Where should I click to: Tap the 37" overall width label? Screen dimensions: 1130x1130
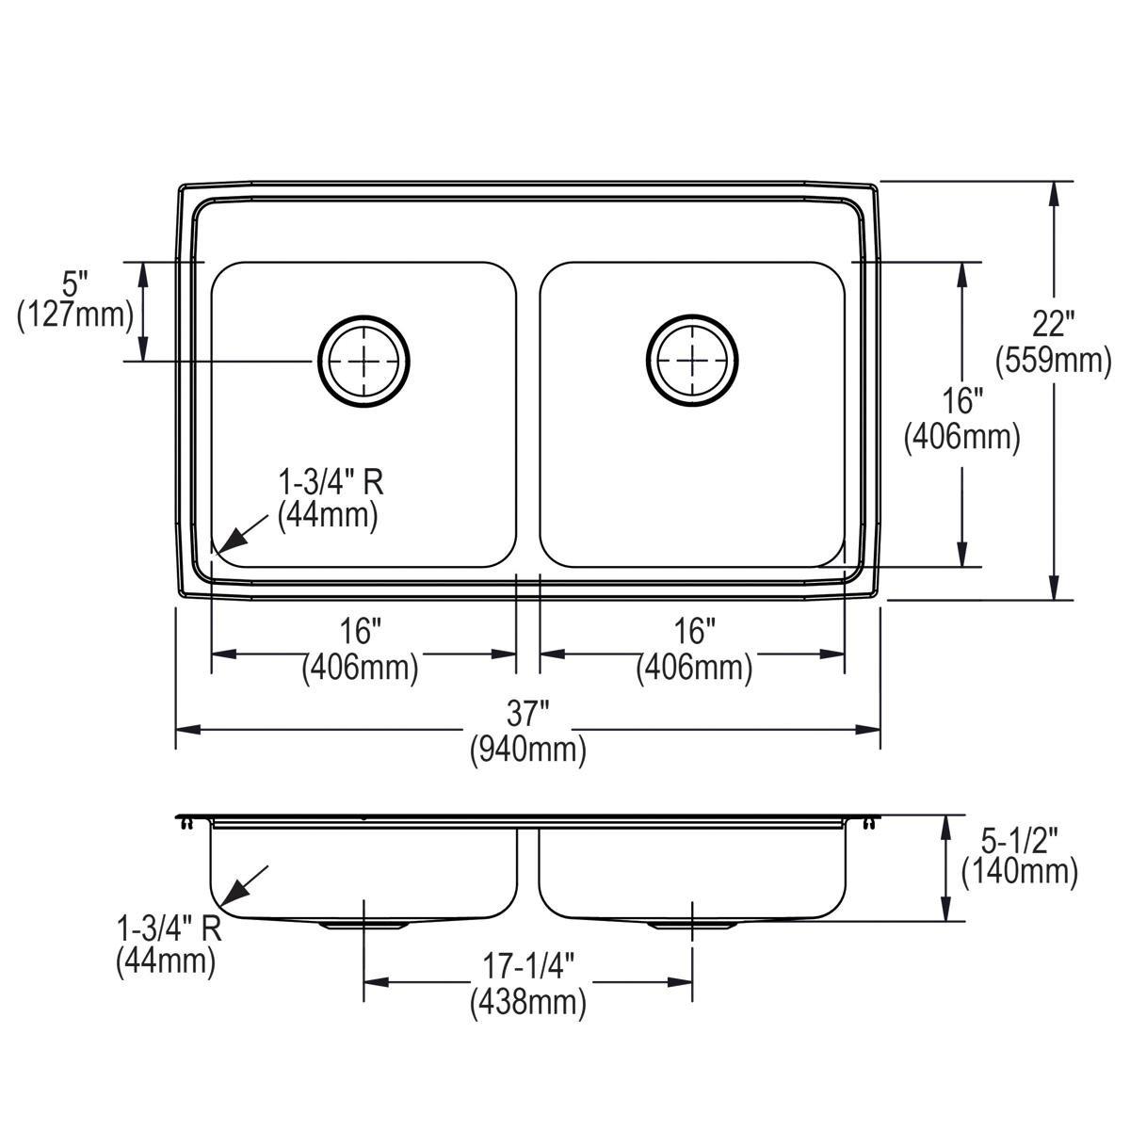tap(527, 714)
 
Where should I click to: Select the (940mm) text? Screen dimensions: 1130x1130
tap(527, 750)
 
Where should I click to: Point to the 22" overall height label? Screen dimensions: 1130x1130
tap(1052, 324)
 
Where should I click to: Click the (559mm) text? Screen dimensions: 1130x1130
tap(1052, 360)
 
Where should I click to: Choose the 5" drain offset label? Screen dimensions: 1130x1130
tap(74, 280)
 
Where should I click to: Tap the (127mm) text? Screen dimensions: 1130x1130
tap(74, 315)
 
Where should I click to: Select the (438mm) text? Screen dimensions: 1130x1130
tap(527, 1003)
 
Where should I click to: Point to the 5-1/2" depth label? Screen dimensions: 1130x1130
tap(1018, 837)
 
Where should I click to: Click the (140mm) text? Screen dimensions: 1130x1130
tap(1018, 872)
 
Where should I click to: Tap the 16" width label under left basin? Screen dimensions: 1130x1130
tap(361, 632)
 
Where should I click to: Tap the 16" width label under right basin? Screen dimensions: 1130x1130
tap(694, 632)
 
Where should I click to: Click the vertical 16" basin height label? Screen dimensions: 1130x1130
tap(961, 402)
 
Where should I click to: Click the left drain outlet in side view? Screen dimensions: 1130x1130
tap(363, 926)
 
